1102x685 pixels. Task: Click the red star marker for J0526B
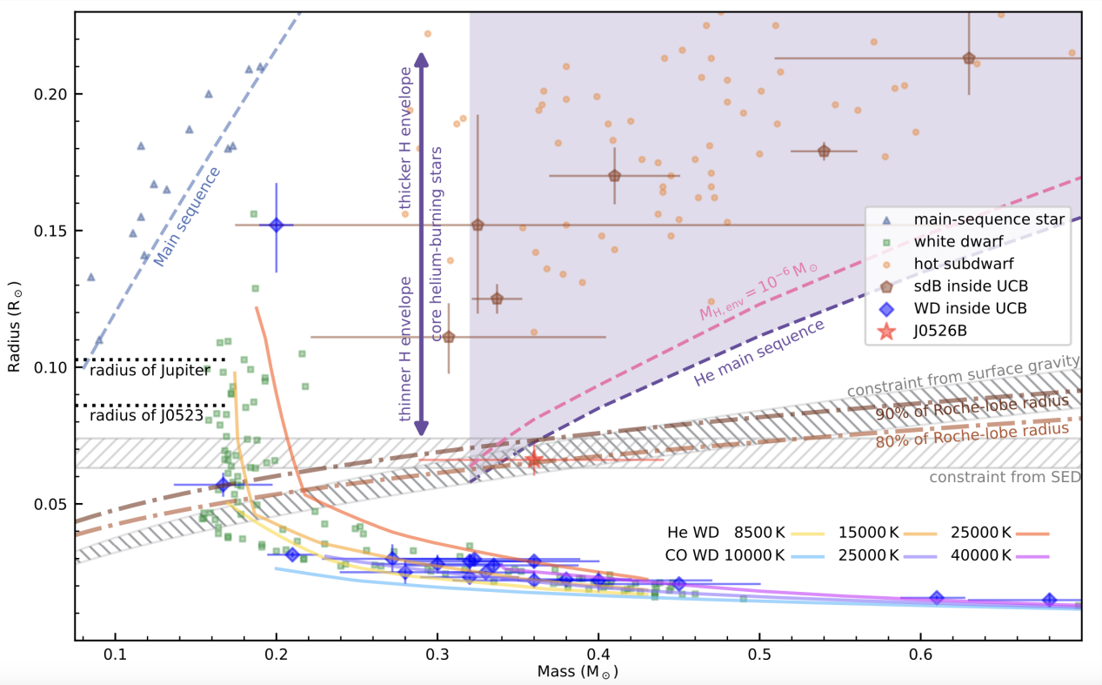534,460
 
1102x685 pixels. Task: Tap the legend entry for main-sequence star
989,219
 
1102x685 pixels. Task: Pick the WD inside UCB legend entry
970,308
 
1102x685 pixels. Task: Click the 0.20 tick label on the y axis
46,94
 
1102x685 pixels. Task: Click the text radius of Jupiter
149,371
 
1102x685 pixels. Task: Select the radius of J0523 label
145,416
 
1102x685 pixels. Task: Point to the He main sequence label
758,353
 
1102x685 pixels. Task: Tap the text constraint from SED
1005,477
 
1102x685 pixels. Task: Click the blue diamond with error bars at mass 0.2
277,225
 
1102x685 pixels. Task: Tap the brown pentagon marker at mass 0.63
969,58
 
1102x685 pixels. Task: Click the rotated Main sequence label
186,205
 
